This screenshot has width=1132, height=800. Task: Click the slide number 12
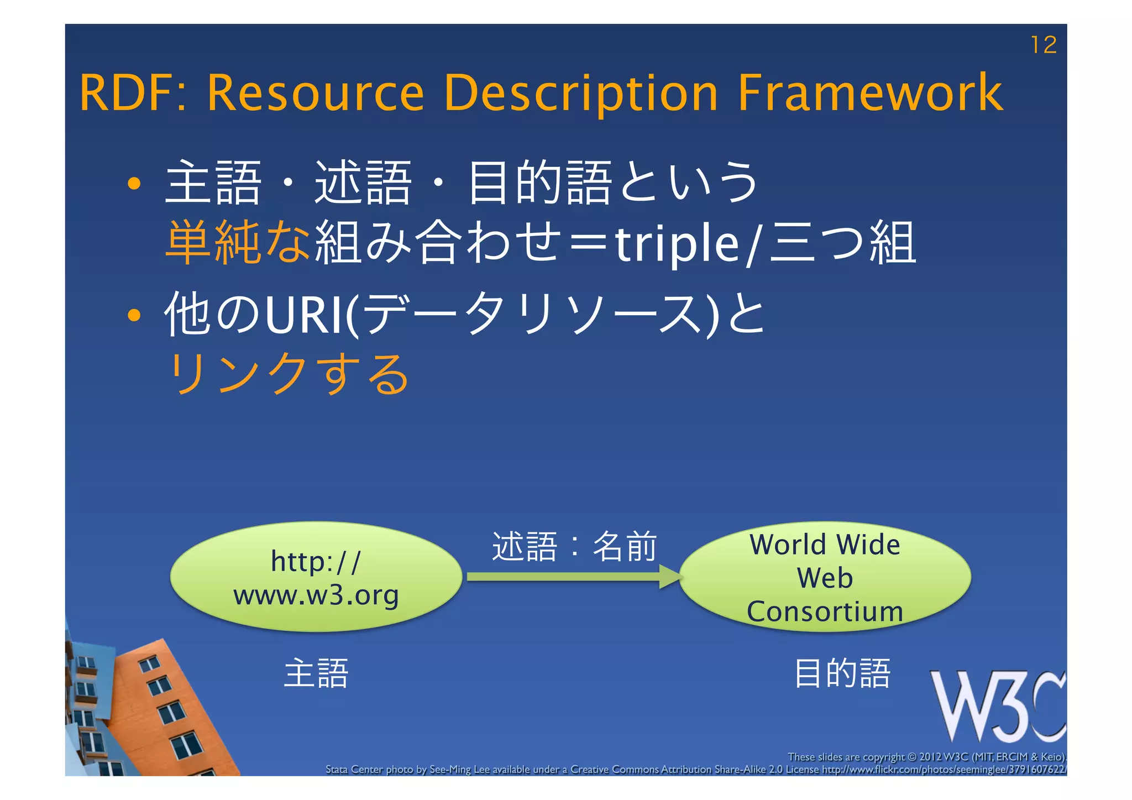[x=1043, y=45]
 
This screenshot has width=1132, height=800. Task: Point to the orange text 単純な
[x=238, y=242]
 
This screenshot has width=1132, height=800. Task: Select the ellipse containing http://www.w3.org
[x=316, y=577]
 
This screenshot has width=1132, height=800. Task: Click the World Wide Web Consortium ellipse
[x=824, y=577]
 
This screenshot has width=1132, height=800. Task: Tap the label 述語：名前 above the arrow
[x=574, y=547]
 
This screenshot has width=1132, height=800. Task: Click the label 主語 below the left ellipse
[x=316, y=673]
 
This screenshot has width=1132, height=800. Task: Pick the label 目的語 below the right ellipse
[x=842, y=673]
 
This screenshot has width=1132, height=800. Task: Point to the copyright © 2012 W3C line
[x=926, y=757]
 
